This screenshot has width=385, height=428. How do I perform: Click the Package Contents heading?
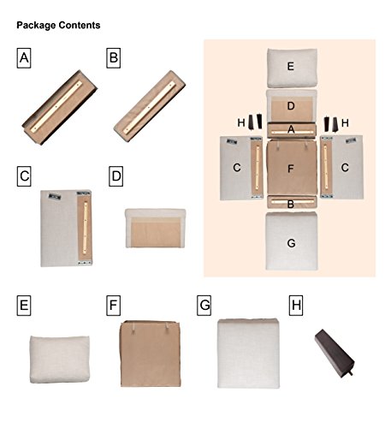click(x=58, y=26)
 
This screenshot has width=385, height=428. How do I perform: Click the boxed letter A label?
click(x=24, y=58)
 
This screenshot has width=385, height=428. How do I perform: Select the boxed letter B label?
click(x=114, y=58)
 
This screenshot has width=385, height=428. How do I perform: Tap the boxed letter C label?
click(x=24, y=176)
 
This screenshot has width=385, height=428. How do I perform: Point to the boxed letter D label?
click(x=116, y=176)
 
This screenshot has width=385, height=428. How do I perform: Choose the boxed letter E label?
click(x=24, y=306)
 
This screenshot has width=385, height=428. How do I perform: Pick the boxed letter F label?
click(x=114, y=306)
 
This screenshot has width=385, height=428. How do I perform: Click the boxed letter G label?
click(x=204, y=306)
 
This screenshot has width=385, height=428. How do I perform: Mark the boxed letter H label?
click(x=296, y=306)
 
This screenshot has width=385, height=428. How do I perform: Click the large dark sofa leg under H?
click(x=335, y=353)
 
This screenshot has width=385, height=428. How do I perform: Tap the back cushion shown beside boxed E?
click(x=60, y=360)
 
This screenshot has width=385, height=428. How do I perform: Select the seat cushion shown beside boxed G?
click(x=248, y=354)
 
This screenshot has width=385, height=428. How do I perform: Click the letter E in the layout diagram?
click(x=291, y=67)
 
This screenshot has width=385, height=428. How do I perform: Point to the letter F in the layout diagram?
click(x=291, y=169)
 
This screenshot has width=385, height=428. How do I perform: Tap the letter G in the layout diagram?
click(x=291, y=243)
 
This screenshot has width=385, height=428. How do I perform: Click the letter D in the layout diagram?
click(x=291, y=106)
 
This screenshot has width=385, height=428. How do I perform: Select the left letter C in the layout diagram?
click(x=237, y=168)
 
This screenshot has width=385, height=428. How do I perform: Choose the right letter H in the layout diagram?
click(x=345, y=123)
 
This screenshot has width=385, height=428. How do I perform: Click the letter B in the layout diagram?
click(x=291, y=205)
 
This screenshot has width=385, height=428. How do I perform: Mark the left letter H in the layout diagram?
click(x=241, y=123)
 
